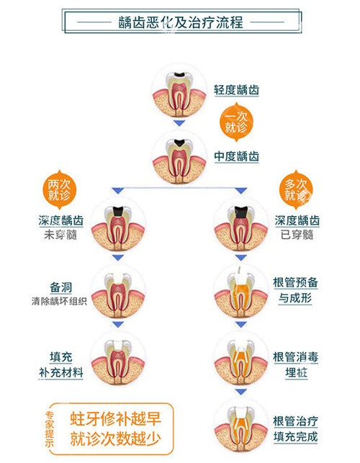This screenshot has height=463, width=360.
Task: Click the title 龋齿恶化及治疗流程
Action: click(180, 22)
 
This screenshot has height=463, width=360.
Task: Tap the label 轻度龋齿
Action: click(236, 90)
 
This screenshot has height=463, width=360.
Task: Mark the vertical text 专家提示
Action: click(50, 428)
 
